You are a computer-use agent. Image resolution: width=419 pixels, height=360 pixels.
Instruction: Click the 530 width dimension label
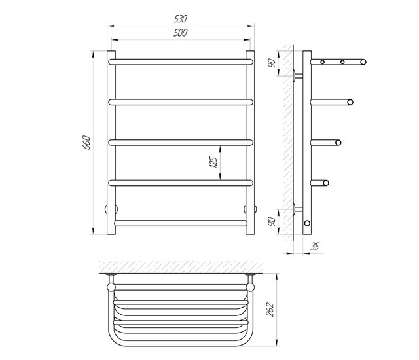coord(181,19)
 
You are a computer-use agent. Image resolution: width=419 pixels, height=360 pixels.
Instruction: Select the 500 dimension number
coord(181,33)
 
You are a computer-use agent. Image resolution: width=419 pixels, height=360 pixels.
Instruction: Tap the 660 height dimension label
coord(86,143)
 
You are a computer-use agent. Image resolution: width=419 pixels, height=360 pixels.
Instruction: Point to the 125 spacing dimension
coord(214,162)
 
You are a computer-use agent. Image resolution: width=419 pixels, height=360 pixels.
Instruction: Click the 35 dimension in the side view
coord(315,246)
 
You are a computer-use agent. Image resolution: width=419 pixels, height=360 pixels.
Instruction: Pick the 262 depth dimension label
coord(270,310)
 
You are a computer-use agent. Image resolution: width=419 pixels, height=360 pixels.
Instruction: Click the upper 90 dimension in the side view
coord(272,63)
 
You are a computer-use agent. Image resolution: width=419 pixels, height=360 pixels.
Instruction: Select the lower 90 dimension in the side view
coord(272,222)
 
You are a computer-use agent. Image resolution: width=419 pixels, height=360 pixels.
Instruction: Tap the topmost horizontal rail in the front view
coord(181,62)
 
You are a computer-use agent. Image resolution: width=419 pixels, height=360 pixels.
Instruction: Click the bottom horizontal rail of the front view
coord(181,223)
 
